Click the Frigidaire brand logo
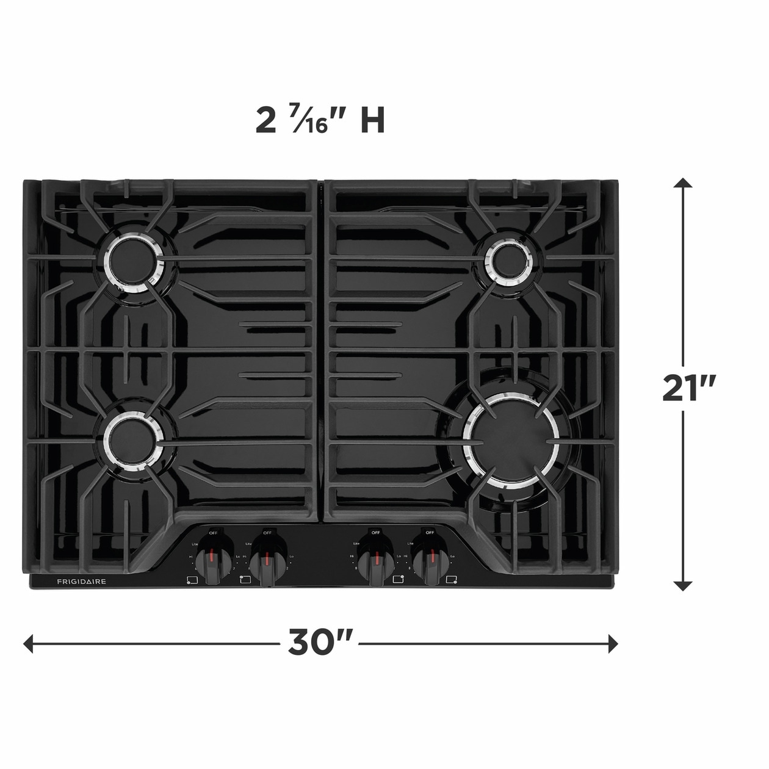[82, 582]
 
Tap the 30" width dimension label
[320, 642]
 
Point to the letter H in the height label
[372, 120]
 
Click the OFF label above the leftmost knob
[213, 533]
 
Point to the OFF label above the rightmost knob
[430, 533]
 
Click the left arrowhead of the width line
[28, 643]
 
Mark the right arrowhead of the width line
[613, 643]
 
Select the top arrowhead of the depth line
[684, 183]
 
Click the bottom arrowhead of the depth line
[684, 586]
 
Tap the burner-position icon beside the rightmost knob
[452, 579]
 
